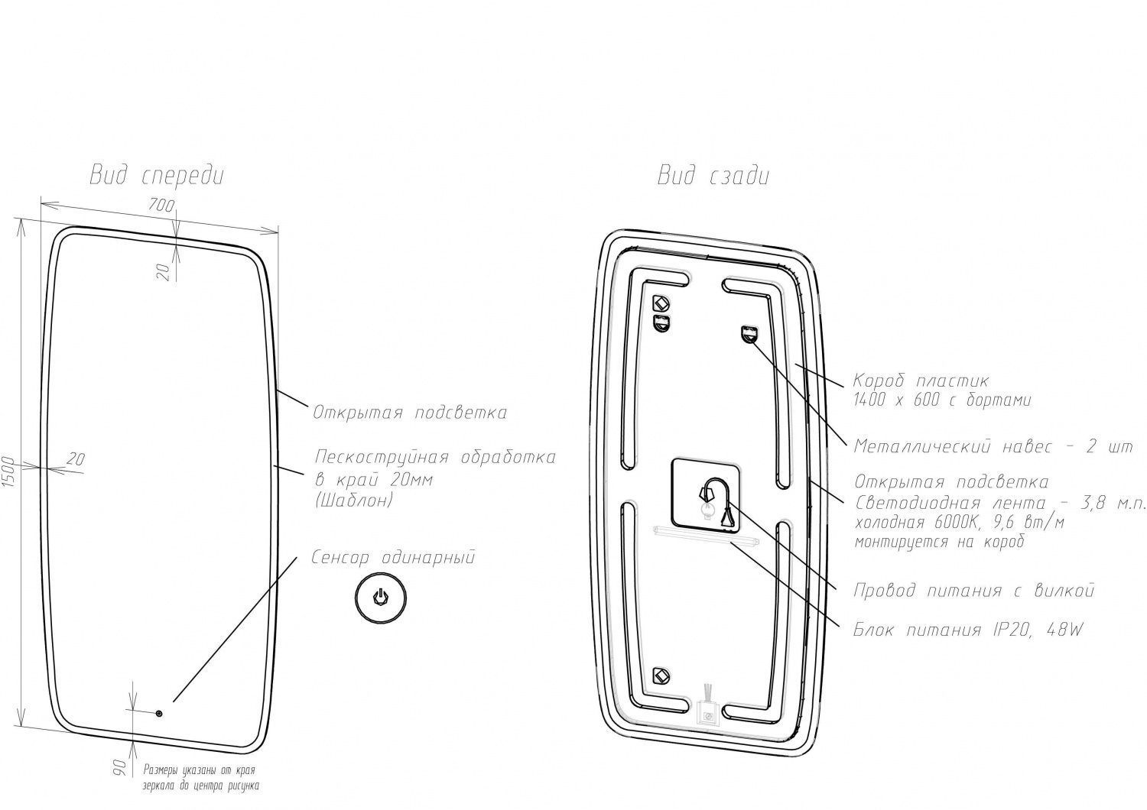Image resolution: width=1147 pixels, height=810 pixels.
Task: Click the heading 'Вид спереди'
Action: (x=157, y=176)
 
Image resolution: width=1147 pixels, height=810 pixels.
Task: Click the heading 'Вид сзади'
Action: (x=713, y=176)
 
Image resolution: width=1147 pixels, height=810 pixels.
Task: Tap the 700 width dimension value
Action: (x=162, y=205)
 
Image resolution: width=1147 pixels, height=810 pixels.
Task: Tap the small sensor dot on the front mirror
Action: (x=159, y=714)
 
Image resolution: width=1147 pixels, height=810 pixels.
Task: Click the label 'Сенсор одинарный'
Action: (x=393, y=557)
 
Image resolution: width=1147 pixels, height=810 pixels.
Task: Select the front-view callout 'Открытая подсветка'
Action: (x=409, y=413)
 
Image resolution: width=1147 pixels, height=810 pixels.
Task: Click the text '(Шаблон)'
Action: (x=353, y=501)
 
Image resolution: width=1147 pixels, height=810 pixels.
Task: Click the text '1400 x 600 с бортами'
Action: (x=942, y=400)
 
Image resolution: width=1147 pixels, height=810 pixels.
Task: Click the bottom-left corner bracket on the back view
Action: (x=660, y=675)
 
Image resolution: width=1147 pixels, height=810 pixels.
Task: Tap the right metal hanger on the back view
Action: (x=749, y=333)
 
